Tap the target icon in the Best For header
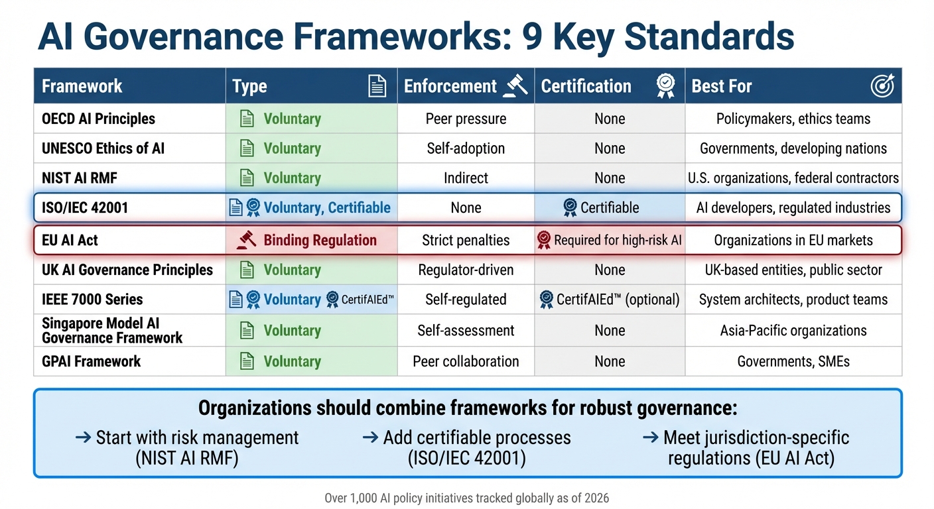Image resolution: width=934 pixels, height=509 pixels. click(882, 86)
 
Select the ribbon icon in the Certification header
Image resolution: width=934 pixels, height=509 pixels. click(665, 86)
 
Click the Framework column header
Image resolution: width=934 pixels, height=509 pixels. click(82, 86)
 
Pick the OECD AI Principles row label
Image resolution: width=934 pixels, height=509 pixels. click(98, 119)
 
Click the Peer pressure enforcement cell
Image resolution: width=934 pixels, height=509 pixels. click(466, 119)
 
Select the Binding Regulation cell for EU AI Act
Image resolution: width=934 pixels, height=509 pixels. click(311, 240)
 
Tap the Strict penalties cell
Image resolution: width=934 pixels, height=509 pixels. click(466, 240)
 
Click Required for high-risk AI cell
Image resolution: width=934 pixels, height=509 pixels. click(610, 240)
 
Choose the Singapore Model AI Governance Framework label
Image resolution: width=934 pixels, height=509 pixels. click(111, 331)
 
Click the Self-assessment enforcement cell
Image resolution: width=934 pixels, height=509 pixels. click(466, 331)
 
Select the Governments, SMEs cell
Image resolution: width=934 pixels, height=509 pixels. click(793, 362)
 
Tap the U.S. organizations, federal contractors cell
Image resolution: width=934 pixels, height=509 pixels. click(793, 178)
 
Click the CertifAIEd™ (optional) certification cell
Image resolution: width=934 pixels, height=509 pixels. click(610, 300)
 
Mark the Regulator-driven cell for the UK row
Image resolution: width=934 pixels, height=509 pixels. click(466, 270)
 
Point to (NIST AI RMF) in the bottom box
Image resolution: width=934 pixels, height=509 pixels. click(186, 459)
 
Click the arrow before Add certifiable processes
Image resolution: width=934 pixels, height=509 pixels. click(370, 438)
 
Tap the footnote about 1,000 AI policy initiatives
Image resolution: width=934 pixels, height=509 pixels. click(466, 498)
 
